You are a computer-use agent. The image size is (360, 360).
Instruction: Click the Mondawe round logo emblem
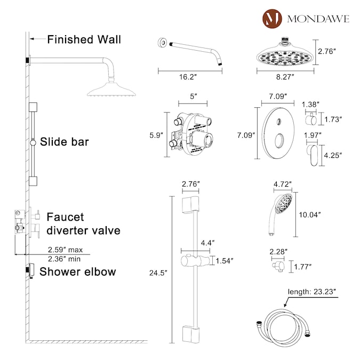coord(272,19)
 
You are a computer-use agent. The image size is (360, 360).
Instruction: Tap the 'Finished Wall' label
coord(84,39)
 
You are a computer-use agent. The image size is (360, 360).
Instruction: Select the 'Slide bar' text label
coord(65,142)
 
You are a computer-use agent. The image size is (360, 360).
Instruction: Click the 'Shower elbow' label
coord(78,271)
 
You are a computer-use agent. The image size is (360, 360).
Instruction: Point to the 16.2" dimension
coord(188,77)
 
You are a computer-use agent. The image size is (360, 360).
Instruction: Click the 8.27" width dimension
coord(285,77)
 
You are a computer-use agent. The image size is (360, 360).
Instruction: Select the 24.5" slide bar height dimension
coord(158,273)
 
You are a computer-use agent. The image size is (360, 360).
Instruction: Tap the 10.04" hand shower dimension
coord(310,215)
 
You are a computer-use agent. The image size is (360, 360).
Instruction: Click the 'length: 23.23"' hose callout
coord(312,292)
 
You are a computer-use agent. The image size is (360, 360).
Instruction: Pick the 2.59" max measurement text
coord(65,250)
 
